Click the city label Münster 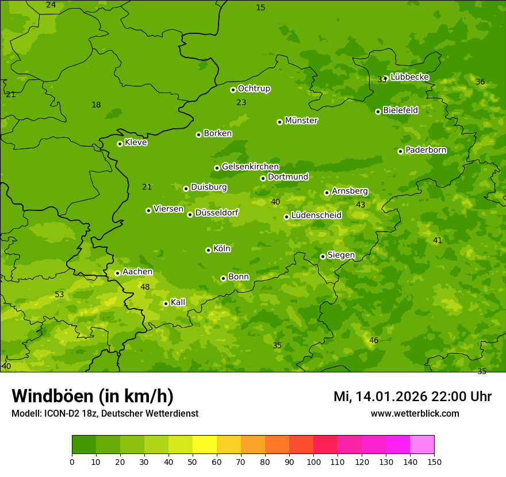[301, 121]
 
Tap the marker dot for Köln [208, 250]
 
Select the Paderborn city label [426, 150]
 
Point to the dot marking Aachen [117, 273]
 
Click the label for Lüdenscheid [316, 216]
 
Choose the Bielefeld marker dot [378, 111]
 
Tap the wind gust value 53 [59, 295]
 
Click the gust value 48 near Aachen [145, 287]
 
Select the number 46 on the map [374, 341]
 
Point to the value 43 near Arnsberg [361, 205]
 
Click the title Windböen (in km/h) [93, 396]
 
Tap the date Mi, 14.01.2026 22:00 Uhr [412, 397]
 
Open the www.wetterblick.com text [415, 413]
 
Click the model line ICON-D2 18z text [105, 413]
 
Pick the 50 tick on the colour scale [193, 461]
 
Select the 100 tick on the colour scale [313, 461]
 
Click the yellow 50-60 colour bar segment [205, 445]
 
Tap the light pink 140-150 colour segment [422, 445]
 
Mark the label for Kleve [136, 142]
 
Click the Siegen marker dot [323, 256]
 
